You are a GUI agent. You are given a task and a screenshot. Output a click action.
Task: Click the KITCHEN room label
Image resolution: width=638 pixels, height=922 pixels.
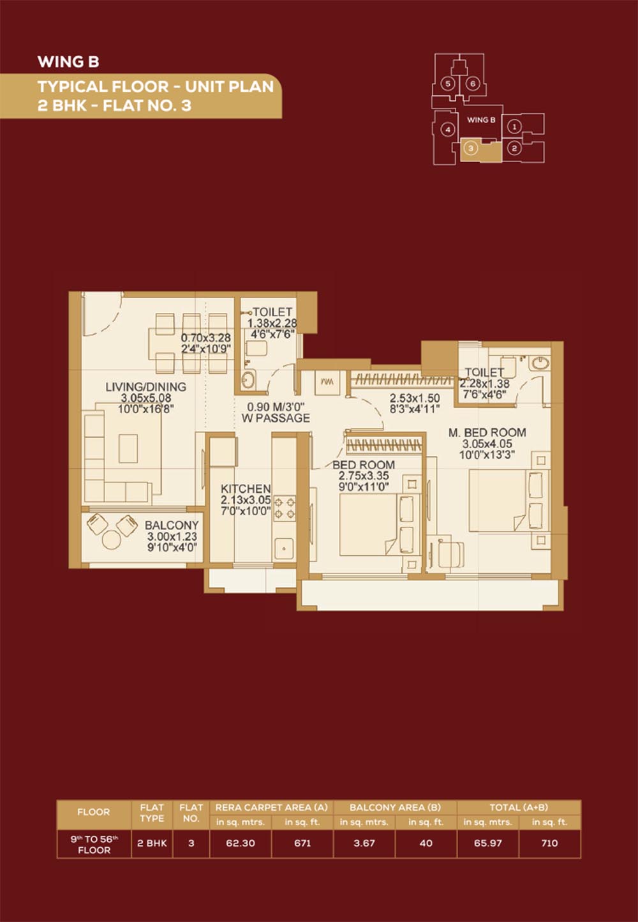coord(246,488)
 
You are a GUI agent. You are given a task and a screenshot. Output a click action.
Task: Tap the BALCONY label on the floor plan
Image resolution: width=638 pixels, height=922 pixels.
coord(172,525)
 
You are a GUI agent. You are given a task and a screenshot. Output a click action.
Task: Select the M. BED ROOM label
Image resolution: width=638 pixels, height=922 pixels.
coord(487,433)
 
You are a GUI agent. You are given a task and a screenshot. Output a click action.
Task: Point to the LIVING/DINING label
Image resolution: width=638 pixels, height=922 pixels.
coord(145,387)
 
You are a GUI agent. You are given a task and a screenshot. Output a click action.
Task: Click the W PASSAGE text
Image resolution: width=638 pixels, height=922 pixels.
coord(276,418)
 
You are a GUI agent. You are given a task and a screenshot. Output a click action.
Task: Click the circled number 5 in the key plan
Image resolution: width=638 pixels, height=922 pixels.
coord(448,84)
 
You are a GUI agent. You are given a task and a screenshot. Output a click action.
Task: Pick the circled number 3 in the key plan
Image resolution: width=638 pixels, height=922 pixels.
coord(471,148)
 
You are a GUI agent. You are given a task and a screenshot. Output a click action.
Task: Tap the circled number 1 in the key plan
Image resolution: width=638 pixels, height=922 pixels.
coord(514,127)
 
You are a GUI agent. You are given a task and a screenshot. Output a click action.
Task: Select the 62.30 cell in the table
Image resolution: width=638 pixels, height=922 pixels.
coord(241,843)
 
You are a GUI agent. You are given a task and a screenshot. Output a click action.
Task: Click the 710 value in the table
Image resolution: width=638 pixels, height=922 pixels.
coord(549,843)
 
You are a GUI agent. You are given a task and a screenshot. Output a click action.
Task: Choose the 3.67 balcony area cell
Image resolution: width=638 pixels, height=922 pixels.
coord(364,843)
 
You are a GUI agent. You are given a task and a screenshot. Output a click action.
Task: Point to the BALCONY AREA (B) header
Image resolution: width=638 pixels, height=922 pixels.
coord(395,807)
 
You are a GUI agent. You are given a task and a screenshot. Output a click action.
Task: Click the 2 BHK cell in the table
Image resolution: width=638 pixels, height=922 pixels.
coord(152,843)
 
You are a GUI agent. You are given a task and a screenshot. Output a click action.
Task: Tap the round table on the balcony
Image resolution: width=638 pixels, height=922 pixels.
coord(112,540)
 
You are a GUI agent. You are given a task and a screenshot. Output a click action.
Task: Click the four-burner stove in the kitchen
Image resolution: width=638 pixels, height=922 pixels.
coord(285,508)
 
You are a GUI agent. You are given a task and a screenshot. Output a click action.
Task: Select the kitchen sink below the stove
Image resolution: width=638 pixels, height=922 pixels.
coord(284,548)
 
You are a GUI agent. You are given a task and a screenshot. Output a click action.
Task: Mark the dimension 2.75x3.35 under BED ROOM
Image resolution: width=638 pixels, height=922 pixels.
coord(364,476)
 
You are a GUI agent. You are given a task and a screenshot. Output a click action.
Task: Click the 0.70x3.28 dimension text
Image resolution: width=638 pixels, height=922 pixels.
coord(205,338)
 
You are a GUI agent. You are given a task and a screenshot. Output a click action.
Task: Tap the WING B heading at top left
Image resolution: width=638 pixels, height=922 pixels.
coord(68,62)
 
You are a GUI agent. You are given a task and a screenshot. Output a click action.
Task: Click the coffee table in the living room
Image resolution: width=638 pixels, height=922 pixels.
coord(128,448)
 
